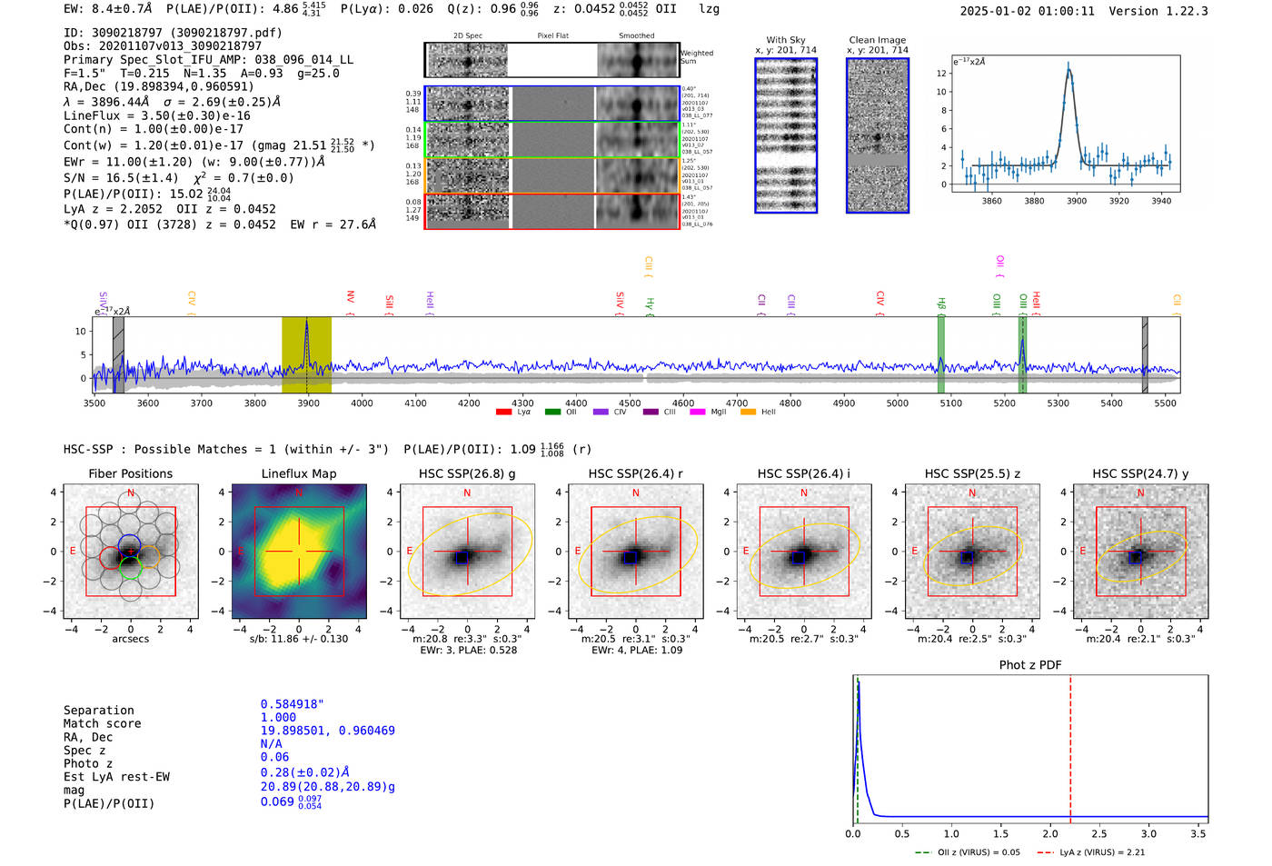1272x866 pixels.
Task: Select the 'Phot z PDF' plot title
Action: click(1030, 665)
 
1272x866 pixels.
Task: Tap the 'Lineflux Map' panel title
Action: click(298, 473)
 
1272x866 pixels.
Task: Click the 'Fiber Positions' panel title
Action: click(130, 473)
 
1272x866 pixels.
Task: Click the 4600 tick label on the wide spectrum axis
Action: click(682, 403)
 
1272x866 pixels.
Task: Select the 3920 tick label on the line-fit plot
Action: click(1118, 201)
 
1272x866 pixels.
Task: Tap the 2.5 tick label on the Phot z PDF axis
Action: click(1099, 833)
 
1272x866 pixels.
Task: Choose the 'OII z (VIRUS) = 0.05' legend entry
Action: click(977, 852)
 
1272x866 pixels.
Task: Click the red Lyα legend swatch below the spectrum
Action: click(503, 413)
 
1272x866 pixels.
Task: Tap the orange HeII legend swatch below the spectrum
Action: click(748, 413)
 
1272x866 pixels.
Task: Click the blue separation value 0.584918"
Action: click(292, 704)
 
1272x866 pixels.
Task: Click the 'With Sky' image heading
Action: click(785, 40)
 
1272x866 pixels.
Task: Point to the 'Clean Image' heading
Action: click(877, 40)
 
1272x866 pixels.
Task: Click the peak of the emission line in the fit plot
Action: click(1068, 66)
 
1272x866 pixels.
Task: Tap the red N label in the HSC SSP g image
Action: click(467, 493)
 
